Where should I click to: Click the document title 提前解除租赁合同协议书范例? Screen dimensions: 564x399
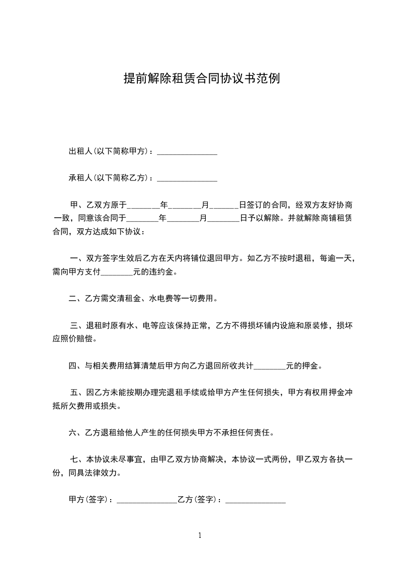click(202, 78)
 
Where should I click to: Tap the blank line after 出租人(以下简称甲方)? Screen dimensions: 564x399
click(187, 152)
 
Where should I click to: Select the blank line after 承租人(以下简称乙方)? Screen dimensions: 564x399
click(187, 178)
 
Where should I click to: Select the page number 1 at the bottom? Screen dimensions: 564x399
click(200, 535)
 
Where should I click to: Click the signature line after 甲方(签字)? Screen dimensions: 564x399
click(146, 501)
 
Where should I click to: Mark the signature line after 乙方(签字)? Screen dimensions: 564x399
click(256, 501)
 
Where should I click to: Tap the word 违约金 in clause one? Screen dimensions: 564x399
click(165, 272)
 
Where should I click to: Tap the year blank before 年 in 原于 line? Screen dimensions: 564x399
click(143, 206)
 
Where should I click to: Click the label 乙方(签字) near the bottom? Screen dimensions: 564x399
click(197, 500)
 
